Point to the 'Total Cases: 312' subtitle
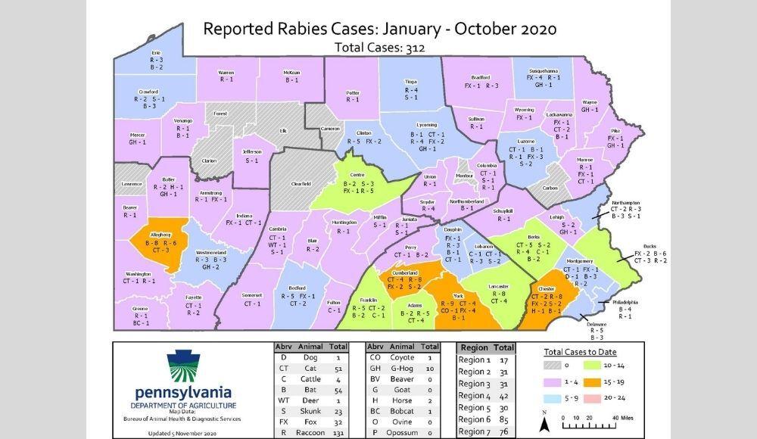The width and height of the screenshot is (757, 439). [x=379, y=47]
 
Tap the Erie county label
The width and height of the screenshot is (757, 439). [x=156, y=51]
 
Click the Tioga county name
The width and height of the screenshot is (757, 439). [x=410, y=82]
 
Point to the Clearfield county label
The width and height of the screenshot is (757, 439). [x=301, y=182]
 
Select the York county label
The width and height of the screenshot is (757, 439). [x=456, y=295]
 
